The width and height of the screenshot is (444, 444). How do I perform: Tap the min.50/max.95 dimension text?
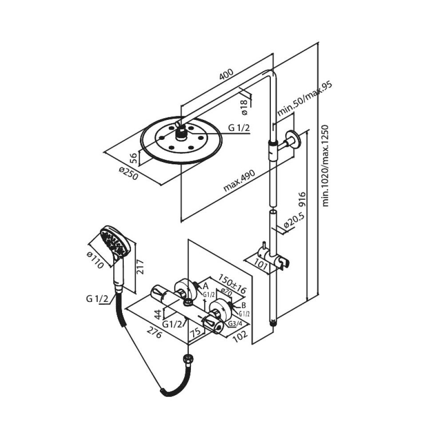coord(305,99)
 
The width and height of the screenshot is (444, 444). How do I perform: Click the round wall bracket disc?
coord(293,139)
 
